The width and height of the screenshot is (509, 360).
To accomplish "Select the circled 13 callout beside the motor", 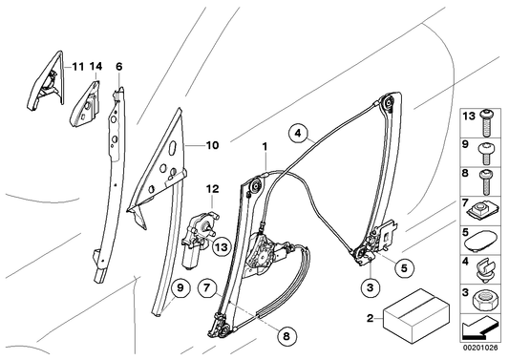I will coord(221,249).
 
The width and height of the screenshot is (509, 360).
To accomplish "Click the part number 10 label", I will coord(211,146).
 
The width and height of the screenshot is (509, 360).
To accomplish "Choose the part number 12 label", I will coord(213,188).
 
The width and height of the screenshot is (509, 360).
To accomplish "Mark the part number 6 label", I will coord(119,67).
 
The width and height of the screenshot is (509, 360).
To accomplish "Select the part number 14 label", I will coord(96,67).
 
